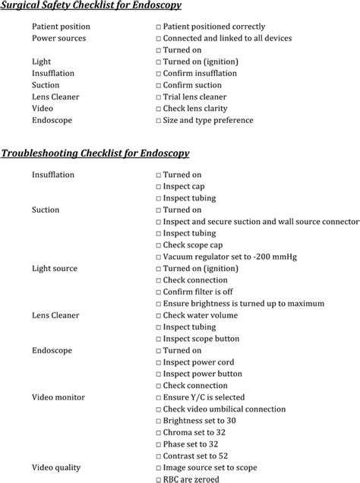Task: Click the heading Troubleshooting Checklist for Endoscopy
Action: (x=95, y=153)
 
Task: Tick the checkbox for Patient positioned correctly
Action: (x=157, y=27)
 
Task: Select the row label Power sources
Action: (x=58, y=38)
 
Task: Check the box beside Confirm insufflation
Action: (x=157, y=74)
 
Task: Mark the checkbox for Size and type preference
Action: (x=157, y=121)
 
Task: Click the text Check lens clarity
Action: (x=197, y=109)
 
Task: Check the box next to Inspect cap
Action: (x=157, y=187)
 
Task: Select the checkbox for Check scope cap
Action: (x=157, y=245)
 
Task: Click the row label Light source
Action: (x=55, y=269)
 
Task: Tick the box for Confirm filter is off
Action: (x=157, y=292)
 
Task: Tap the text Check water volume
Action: (x=201, y=315)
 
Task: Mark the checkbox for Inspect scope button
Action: (x=157, y=339)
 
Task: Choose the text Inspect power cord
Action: (x=200, y=362)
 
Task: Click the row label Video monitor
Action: (x=58, y=397)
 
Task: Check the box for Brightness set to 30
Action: (x=157, y=421)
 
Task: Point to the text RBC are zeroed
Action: (x=191, y=479)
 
